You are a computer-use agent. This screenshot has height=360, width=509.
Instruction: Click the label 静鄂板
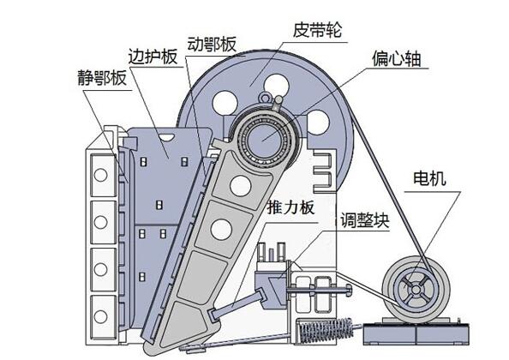pos(100,80)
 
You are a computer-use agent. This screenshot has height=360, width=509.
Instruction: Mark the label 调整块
pos(363,219)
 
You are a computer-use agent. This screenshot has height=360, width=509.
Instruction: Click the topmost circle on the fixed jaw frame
pos(100,176)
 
